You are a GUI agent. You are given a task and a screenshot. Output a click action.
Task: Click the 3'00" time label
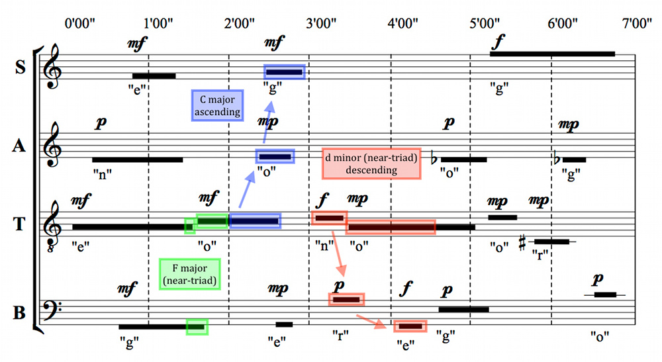(321, 23)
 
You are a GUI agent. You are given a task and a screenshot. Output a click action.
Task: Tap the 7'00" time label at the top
(637, 23)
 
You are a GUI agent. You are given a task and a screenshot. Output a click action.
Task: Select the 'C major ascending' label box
(217, 105)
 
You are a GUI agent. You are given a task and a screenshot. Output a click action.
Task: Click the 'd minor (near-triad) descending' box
(371, 163)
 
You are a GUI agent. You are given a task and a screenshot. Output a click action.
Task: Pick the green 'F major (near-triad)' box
(189, 274)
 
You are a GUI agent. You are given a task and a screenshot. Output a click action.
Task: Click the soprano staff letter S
(20, 68)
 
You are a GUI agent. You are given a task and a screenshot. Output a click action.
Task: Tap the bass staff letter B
(19, 313)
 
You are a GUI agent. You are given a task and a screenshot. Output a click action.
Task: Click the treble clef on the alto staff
(52, 145)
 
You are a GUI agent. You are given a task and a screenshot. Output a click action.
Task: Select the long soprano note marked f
(552, 54)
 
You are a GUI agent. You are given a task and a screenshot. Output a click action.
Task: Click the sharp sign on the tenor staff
(522, 242)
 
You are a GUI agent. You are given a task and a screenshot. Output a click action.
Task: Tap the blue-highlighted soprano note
(284, 72)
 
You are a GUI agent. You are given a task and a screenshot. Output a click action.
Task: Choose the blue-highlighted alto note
(275, 157)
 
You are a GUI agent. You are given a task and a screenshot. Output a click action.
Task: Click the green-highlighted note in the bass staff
(197, 326)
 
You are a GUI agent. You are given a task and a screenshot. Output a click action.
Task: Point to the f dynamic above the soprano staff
(498, 42)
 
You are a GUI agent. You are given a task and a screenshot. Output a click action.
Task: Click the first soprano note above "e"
(154, 76)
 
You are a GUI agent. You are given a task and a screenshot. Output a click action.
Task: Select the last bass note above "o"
(605, 294)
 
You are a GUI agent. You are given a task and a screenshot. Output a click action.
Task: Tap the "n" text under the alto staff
(102, 174)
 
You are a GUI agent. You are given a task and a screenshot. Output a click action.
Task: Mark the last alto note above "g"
(574, 160)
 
